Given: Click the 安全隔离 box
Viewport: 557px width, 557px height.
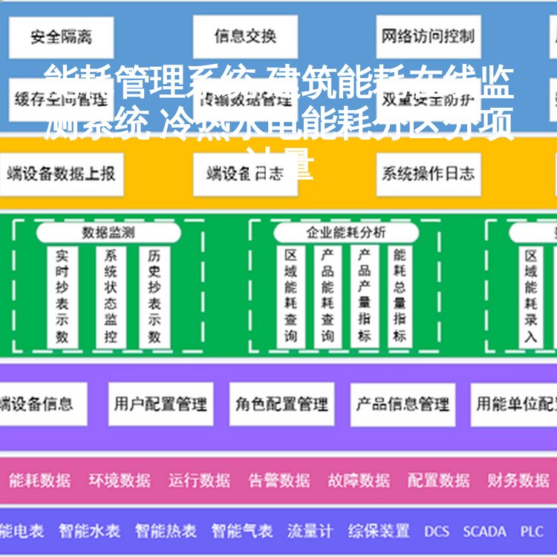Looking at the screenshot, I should click(61, 36).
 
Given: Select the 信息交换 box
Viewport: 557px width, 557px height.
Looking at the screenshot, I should click(245, 36).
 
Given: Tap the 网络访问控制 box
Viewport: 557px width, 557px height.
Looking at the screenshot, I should click(428, 36).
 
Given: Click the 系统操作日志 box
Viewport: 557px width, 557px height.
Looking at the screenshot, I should click(428, 175).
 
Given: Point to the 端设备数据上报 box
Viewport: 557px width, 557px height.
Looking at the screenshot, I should click(61, 175).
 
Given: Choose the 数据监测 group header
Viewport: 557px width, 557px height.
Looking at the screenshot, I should click(108, 232).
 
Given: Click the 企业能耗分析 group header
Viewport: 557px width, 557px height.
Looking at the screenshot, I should click(346, 232).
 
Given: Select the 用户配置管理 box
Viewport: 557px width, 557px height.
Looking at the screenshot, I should click(160, 405).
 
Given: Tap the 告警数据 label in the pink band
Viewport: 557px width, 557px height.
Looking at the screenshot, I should click(279, 481).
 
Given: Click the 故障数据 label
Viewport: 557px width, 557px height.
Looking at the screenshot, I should click(359, 481).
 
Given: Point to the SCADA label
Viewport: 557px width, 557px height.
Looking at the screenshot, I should click(484, 532).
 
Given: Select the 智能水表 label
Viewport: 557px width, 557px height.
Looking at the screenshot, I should click(89, 532).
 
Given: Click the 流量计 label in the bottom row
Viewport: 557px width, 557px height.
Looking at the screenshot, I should click(310, 532).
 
